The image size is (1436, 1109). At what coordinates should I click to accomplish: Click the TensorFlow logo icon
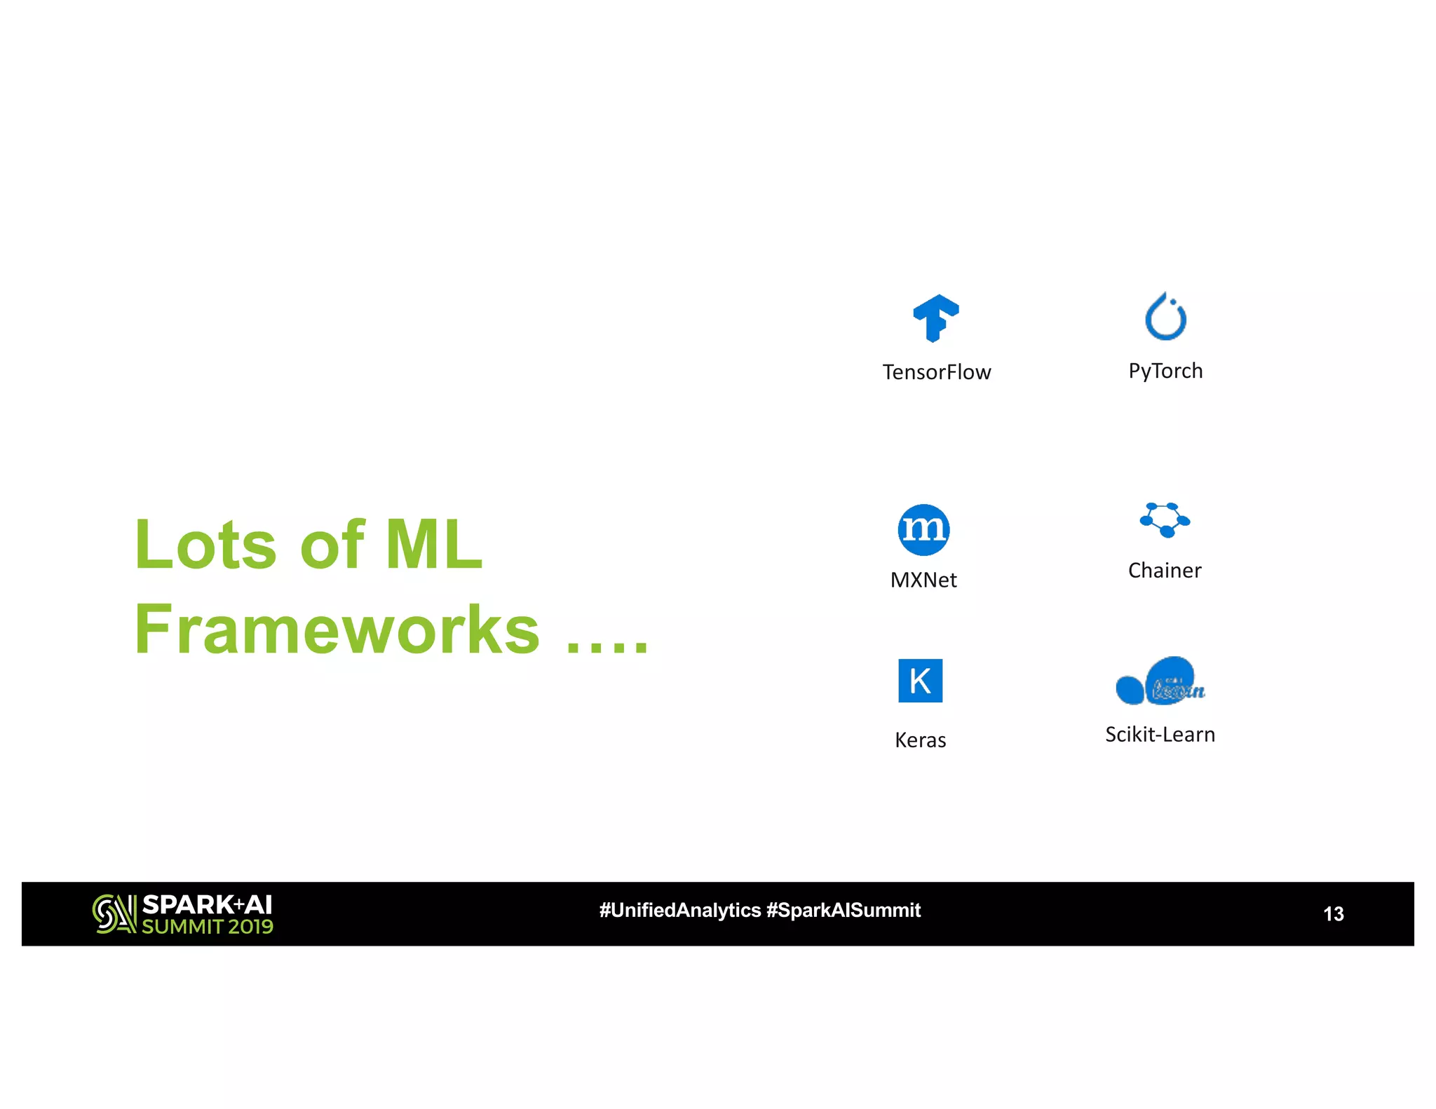click(x=935, y=318)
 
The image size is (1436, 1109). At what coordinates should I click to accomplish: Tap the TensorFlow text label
click(x=936, y=372)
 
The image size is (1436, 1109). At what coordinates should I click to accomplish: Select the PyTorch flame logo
click(x=1165, y=317)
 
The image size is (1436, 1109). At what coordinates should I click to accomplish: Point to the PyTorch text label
click(x=1165, y=371)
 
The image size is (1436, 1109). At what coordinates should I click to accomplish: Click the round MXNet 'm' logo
click(x=923, y=529)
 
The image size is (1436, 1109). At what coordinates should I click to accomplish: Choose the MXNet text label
click(x=923, y=580)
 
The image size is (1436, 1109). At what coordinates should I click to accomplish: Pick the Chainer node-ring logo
click(x=1165, y=519)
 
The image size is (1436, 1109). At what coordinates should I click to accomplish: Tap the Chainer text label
click(x=1165, y=570)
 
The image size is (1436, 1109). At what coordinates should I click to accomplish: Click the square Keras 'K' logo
click(x=920, y=680)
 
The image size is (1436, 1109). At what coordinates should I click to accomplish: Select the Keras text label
click(x=920, y=740)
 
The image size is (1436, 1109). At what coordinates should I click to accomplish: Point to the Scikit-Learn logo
click(x=1160, y=681)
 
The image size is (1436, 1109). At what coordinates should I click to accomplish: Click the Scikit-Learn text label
click(x=1160, y=734)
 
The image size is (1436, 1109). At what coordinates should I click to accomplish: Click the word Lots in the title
click(x=205, y=545)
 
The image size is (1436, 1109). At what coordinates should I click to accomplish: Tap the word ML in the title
click(x=434, y=545)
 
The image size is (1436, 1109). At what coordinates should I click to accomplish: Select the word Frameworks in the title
click(x=337, y=630)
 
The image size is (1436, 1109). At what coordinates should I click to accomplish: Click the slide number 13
click(x=1333, y=913)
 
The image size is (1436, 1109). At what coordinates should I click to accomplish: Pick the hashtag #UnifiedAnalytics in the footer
click(x=679, y=910)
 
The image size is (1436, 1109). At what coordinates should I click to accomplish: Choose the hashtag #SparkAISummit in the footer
click(x=844, y=910)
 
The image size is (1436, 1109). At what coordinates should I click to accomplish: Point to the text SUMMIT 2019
click(x=208, y=927)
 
